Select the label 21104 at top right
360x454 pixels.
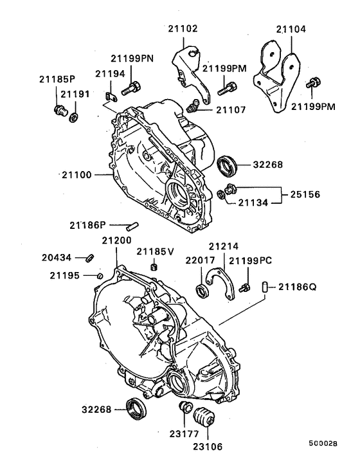click(x=292, y=30)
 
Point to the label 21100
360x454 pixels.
click(x=78, y=174)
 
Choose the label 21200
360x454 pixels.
click(x=116, y=241)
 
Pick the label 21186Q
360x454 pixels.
click(x=298, y=288)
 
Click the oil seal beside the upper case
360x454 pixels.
click(x=227, y=165)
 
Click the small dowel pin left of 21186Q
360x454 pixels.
click(x=265, y=287)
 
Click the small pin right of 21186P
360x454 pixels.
click(x=134, y=225)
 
